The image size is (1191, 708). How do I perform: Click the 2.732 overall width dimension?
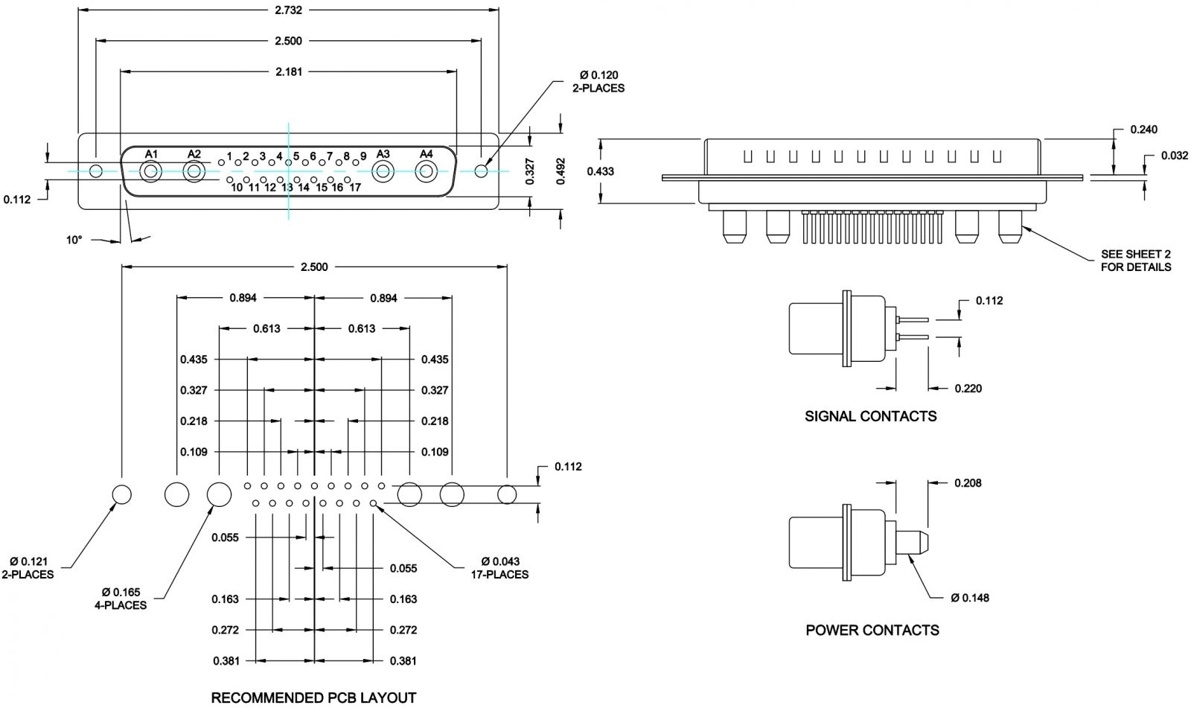[x=288, y=10]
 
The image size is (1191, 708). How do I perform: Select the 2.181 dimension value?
[x=289, y=71]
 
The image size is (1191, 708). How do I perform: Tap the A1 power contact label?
[x=152, y=154]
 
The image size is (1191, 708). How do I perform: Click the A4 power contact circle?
[x=426, y=172]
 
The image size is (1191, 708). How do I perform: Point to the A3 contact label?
[x=383, y=154]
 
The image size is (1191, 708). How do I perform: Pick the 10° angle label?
[x=74, y=240]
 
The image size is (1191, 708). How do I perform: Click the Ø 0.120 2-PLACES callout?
[x=598, y=81]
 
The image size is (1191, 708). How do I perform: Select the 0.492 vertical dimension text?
[x=561, y=171]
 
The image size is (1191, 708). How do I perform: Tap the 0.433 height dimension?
[x=600, y=171]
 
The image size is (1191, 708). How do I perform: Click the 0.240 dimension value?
[x=1143, y=130]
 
